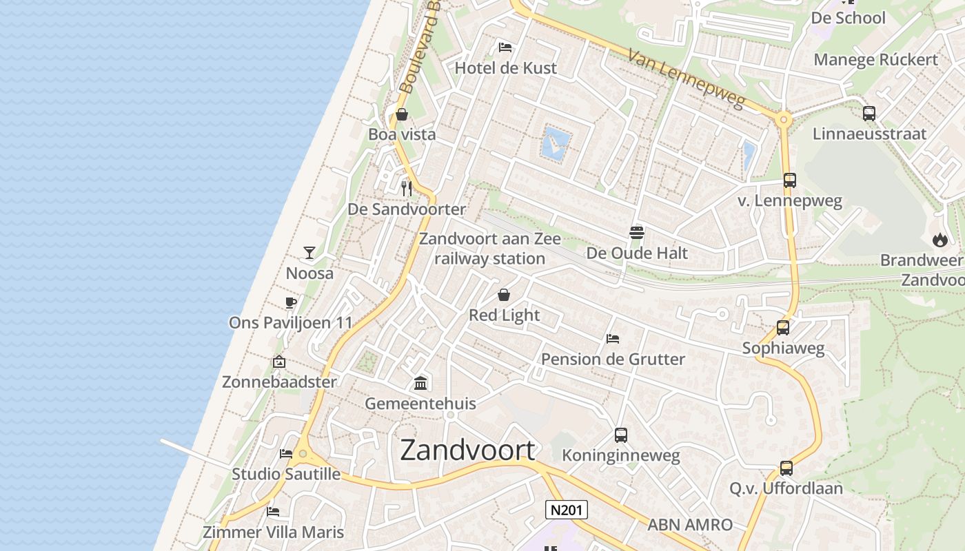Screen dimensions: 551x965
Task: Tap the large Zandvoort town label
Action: coord(467,450)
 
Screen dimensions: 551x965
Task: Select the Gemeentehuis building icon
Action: coord(420,383)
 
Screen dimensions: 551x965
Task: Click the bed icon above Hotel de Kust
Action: coord(505,48)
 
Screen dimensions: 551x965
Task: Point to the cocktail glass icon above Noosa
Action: coord(309,253)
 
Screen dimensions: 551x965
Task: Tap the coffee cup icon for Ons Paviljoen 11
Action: coord(290,302)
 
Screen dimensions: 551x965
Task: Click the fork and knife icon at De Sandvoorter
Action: coord(407,188)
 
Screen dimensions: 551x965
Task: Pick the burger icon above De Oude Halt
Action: coord(637,233)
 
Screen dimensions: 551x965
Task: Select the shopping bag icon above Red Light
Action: coord(504,295)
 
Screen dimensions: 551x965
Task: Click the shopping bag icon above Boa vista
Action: coord(402,114)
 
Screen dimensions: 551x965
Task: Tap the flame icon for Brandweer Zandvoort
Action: coord(939,240)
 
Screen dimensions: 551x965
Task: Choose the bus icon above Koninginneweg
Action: coord(621,435)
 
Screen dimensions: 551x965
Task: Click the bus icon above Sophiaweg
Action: coord(783,327)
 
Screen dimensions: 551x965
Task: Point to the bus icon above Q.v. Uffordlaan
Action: coord(786,468)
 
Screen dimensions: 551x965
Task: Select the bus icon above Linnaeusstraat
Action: coord(869,113)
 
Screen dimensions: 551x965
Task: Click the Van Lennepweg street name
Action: coord(687,77)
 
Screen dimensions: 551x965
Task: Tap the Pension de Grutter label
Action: coord(613,359)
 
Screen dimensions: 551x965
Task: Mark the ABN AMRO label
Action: coord(689,525)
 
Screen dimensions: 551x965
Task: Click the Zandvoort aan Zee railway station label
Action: coord(489,249)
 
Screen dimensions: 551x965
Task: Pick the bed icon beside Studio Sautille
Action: coord(286,454)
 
